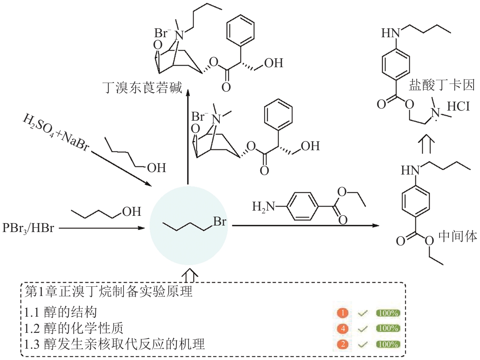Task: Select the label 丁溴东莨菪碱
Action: coord(142,87)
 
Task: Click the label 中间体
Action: coord(458,236)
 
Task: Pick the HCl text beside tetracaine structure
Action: coord(459,107)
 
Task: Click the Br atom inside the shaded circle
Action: coord(219,222)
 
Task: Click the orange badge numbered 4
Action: coord(342,328)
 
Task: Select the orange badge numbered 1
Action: coord(342,313)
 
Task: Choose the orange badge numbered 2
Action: coord(342,344)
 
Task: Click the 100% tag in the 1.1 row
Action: coord(388,313)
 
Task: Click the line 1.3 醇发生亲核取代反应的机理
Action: coord(115,344)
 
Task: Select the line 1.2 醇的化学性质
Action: coord(77,328)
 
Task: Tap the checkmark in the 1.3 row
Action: coord(362,344)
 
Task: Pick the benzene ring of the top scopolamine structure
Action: coord(241,31)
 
